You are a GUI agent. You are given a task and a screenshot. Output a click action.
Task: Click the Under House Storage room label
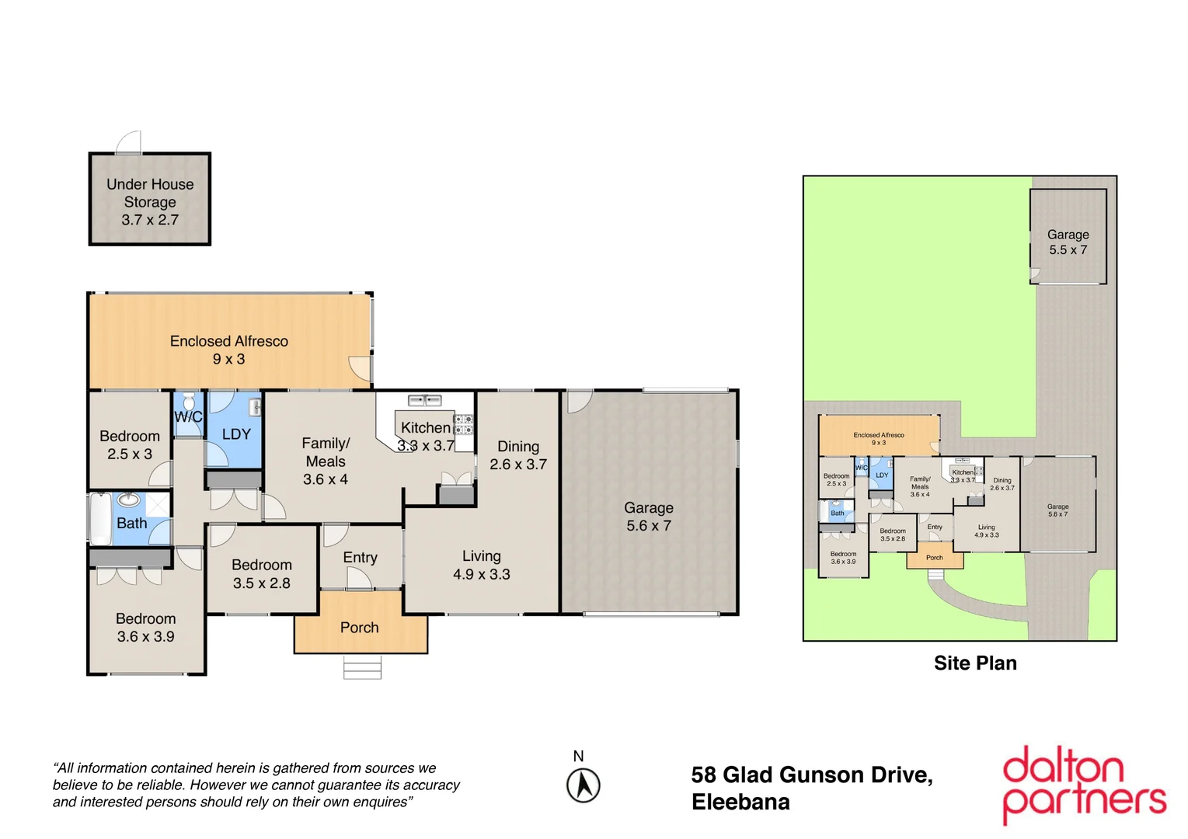click(150, 202)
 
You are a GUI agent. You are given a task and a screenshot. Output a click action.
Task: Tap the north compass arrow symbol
click(583, 785)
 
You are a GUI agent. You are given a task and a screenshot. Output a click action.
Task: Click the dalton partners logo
click(1083, 785)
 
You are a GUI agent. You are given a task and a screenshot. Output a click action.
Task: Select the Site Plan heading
click(975, 663)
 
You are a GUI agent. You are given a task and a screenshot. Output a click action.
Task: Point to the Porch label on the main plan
click(360, 628)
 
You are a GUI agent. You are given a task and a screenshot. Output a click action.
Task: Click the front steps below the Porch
click(362, 667)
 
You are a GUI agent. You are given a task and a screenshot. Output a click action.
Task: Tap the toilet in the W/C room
click(188, 402)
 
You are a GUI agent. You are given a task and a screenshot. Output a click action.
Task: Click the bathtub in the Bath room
click(101, 519)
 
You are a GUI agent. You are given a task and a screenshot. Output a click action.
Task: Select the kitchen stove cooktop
click(464, 424)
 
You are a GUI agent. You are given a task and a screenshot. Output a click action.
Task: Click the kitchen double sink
click(425, 401)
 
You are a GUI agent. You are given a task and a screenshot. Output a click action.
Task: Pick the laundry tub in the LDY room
click(254, 407)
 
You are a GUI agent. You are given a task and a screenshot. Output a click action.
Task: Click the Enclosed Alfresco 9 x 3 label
click(229, 350)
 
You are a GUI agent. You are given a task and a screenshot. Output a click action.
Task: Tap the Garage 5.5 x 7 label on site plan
click(1068, 242)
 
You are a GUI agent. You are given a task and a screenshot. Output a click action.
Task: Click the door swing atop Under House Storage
click(130, 143)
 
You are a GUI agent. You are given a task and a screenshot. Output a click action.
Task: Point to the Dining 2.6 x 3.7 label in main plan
click(518, 455)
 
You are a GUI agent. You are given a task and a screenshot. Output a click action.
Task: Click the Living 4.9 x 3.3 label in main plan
click(482, 565)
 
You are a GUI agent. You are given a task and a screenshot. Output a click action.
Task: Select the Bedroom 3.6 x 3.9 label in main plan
click(145, 628)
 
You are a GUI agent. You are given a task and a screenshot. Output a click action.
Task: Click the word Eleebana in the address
click(740, 802)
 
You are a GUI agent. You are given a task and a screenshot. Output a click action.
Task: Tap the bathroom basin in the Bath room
click(129, 500)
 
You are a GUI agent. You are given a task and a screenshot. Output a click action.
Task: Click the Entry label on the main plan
click(360, 557)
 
